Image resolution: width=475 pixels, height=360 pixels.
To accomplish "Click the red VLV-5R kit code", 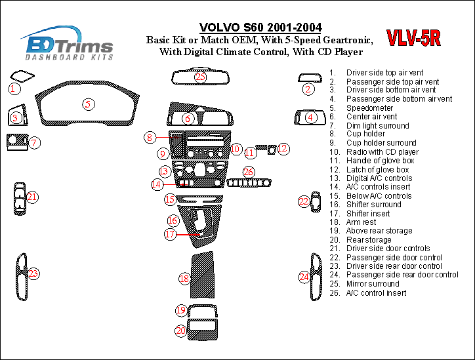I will [413, 39].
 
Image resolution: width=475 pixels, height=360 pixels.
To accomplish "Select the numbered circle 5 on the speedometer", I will [87, 103].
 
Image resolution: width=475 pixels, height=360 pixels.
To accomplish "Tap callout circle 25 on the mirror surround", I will [200, 77].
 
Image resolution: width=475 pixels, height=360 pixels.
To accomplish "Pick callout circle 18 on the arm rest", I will [185, 279].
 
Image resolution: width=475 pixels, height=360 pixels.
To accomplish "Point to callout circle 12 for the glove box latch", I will [283, 149].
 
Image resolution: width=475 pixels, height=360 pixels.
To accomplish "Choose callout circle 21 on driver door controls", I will [32, 196].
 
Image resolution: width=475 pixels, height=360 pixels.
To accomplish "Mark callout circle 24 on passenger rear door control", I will [304, 277].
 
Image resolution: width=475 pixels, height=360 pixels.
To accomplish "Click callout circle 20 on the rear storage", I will [180, 331].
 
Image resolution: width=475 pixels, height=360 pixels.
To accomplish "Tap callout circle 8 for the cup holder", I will [150, 137].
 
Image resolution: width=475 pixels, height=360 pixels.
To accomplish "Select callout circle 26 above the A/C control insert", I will [248, 172].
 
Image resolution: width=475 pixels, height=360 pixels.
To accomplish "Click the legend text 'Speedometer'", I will [369, 108].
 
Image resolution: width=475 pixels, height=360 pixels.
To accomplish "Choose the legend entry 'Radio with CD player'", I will [382, 152].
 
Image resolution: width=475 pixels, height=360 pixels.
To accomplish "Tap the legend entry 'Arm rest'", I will [361, 222].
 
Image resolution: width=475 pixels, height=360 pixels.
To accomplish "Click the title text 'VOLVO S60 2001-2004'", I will [260, 28].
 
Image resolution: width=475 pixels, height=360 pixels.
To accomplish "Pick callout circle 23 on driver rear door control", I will [33, 273].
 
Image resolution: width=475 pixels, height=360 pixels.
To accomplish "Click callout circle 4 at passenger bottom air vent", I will [310, 117].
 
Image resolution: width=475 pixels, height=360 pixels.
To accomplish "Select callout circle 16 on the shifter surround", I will [173, 220].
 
